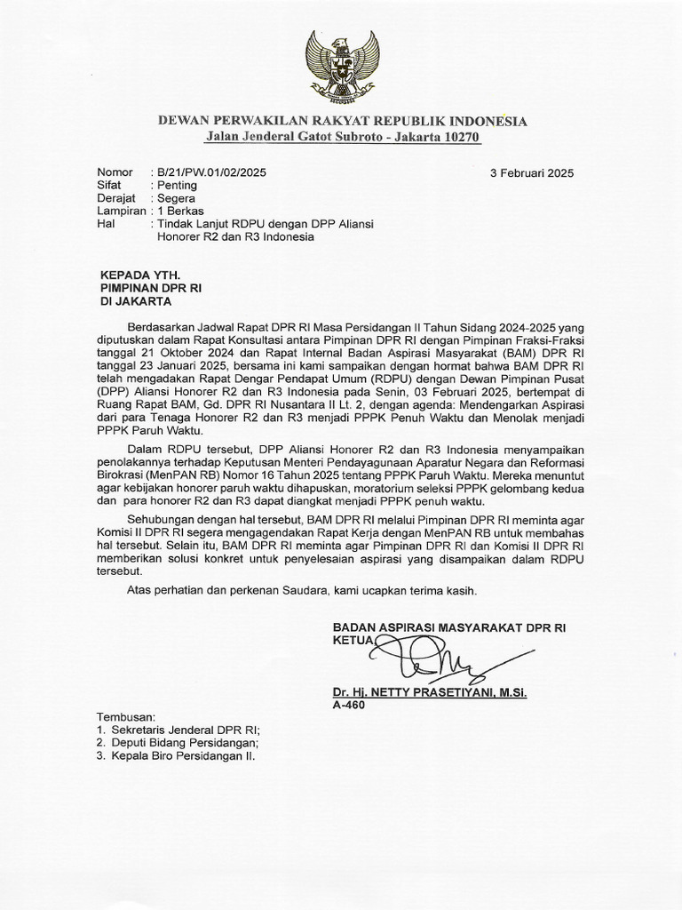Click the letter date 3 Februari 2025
pos(532,173)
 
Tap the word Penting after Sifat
pos(177,186)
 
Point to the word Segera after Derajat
pos(176,198)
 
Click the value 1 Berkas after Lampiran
pos(181,212)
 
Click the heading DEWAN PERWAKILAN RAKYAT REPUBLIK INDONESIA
pos(342,121)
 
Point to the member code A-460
pos(347,705)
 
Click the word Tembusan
pos(125,716)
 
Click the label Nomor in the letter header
pos(115,172)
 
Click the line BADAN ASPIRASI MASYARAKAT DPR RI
pos(448,627)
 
